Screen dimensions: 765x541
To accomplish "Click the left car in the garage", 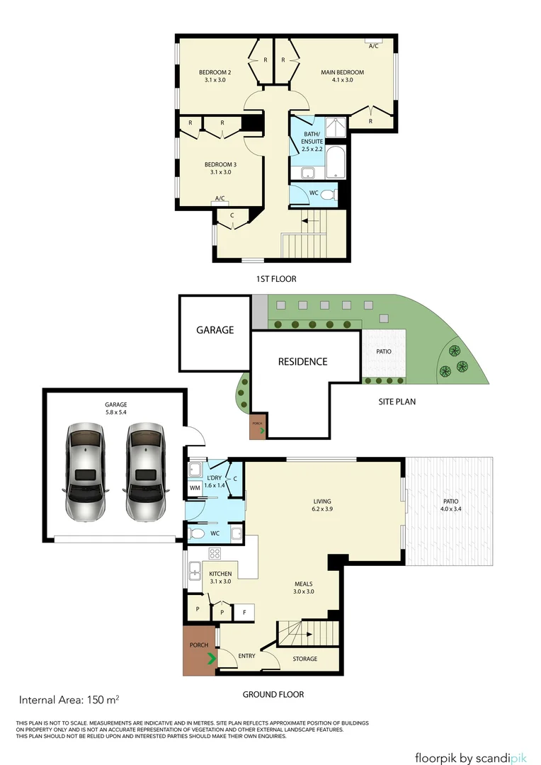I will (84, 472).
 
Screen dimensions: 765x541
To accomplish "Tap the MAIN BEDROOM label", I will (342, 76).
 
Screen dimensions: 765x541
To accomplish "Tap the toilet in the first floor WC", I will (328, 193).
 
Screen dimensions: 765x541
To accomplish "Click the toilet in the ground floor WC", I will (198, 533).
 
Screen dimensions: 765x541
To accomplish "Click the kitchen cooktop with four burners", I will (215, 553).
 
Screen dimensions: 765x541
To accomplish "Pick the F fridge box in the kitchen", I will (245, 611).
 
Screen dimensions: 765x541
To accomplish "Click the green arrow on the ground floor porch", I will (211, 660).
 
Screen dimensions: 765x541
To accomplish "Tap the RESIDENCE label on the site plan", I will (302, 361).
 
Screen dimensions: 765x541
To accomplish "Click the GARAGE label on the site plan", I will (215, 330).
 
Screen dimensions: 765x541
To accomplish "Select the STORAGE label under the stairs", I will (305, 659).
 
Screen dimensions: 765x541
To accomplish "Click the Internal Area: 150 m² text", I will (69, 701).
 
